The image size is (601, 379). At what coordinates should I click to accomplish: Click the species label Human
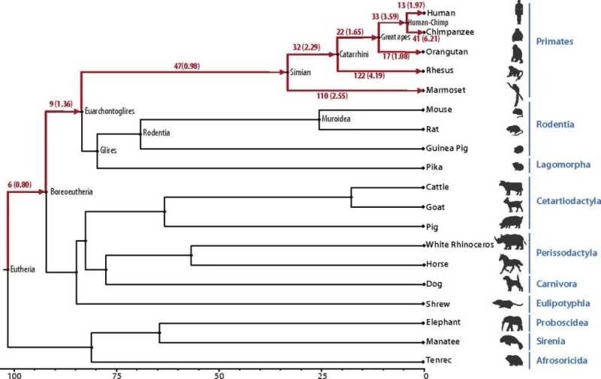[439, 13]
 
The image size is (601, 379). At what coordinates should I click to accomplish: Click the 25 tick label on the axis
[322, 373]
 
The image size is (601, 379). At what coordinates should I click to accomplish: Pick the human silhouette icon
[518, 13]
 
